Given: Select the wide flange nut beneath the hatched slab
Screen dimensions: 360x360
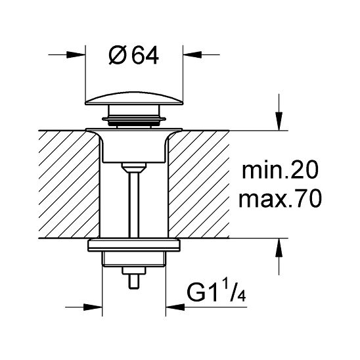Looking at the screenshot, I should tap(135, 246).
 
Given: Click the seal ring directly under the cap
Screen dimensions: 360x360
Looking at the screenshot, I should tap(135, 120).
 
